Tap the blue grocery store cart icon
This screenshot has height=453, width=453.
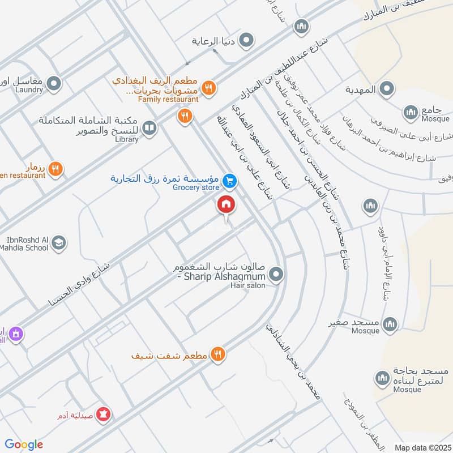[x=229, y=181]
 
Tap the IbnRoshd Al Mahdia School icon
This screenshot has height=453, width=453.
[x=58, y=243]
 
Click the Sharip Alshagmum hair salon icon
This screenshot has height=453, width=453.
[x=276, y=275]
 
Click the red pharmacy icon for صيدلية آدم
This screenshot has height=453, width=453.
[x=104, y=414]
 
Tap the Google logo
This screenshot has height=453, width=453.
[x=24, y=445]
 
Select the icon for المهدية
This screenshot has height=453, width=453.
[x=387, y=89]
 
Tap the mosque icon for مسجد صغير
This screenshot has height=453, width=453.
[x=389, y=324]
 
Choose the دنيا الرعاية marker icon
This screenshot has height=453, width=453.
[x=246, y=41]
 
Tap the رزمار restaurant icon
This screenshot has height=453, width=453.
[x=55, y=168]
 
